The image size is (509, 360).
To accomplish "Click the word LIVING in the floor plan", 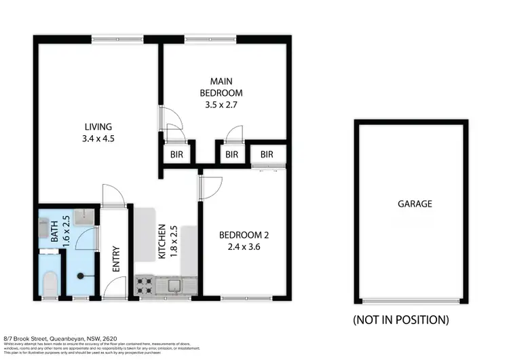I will (98, 127).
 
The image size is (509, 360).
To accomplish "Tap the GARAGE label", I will (415, 204).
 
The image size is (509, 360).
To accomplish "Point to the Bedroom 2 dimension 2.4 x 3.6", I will (244, 247).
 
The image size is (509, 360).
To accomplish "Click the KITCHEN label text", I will (162, 242).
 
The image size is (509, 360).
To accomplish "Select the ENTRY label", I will (116, 259).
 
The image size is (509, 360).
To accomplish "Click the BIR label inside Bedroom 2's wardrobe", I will (266, 155).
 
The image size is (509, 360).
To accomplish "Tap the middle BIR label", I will (231, 155).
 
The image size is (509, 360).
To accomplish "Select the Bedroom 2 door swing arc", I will (212, 186).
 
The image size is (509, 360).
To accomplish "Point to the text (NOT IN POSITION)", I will (400, 319).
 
